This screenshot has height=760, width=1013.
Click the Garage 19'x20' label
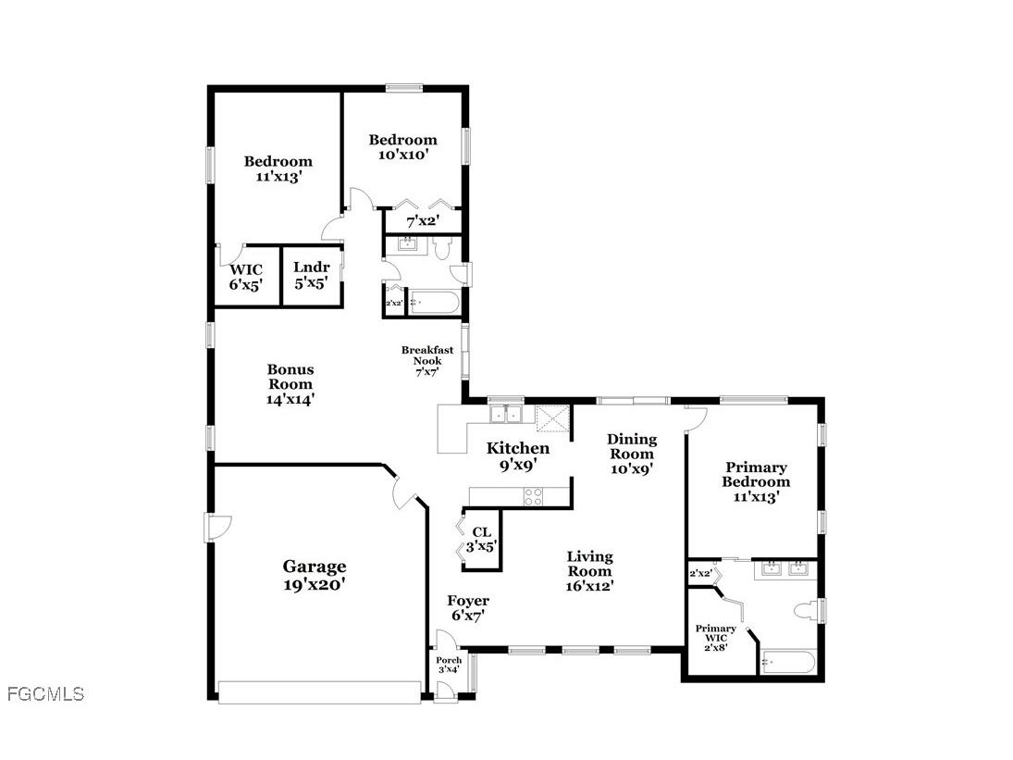pos(315,575)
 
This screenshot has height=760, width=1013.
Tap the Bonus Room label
pos(290,384)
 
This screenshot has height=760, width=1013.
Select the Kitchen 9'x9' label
pos(518,457)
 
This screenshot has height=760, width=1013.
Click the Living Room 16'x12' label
pos(589,570)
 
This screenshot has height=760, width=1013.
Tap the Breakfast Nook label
pos(426,360)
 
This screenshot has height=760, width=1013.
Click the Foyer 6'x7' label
pos(468,607)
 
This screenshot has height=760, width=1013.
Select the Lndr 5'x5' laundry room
pos(311,276)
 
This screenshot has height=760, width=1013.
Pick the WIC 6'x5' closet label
pos(246,277)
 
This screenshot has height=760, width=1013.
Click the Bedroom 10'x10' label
pos(402,147)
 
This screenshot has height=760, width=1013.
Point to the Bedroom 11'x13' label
pos(278,168)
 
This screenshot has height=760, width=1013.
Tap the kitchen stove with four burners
pos(534,497)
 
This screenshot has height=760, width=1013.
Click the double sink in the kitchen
pos(506,413)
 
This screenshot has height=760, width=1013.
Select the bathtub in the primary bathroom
pos(787,663)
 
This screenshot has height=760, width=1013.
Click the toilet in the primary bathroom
pos(807,610)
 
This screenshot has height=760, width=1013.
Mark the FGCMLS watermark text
pos(44,693)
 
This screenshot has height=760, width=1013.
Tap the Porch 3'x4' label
pos(449,664)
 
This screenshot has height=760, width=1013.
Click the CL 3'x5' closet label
pos(481,539)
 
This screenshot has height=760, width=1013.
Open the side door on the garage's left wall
pos(215,529)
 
